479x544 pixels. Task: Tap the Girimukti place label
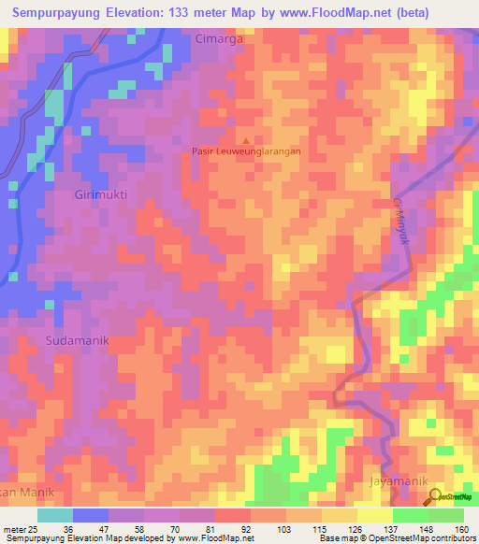98,194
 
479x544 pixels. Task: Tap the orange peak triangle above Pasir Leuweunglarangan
247,139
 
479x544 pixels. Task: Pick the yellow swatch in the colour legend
374,515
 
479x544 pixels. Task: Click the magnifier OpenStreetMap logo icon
436,495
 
